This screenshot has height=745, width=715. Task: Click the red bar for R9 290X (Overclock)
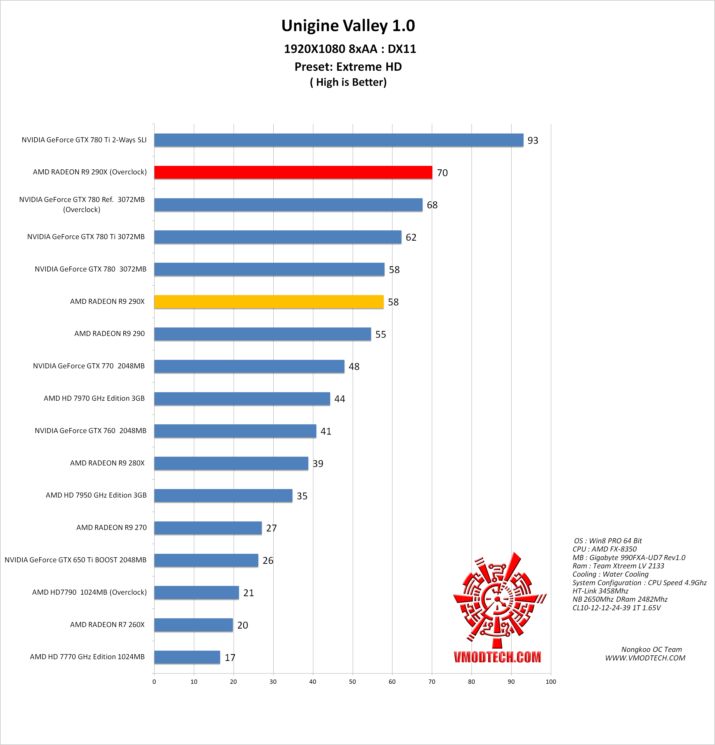click(293, 172)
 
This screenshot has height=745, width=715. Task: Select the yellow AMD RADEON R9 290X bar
click(269, 302)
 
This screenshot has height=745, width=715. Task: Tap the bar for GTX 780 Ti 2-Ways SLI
click(339, 140)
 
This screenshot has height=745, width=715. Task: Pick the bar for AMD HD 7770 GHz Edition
click(187, 657)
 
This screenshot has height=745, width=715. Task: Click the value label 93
click(533, 141)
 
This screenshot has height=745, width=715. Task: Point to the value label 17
click(230, 658)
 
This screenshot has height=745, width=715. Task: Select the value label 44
click(339, 399)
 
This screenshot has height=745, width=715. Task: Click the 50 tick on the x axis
click(352, 682)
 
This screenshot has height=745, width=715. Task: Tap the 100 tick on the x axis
click(551, 682)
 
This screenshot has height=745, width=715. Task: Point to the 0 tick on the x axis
click(154, 682)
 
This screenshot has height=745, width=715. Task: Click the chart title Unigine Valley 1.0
click(348, 25)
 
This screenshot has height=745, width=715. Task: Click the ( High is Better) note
click(348, 82)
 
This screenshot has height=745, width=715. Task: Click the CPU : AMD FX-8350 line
click(604, 549)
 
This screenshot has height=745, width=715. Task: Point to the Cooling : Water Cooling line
click(610, 574)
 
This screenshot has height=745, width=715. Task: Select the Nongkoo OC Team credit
click(651, 649)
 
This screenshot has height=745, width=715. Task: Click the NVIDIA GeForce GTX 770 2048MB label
click(89, 366)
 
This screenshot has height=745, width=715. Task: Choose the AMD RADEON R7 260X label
click(107, 625)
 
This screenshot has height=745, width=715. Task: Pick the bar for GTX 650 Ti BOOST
click(206, 560)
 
